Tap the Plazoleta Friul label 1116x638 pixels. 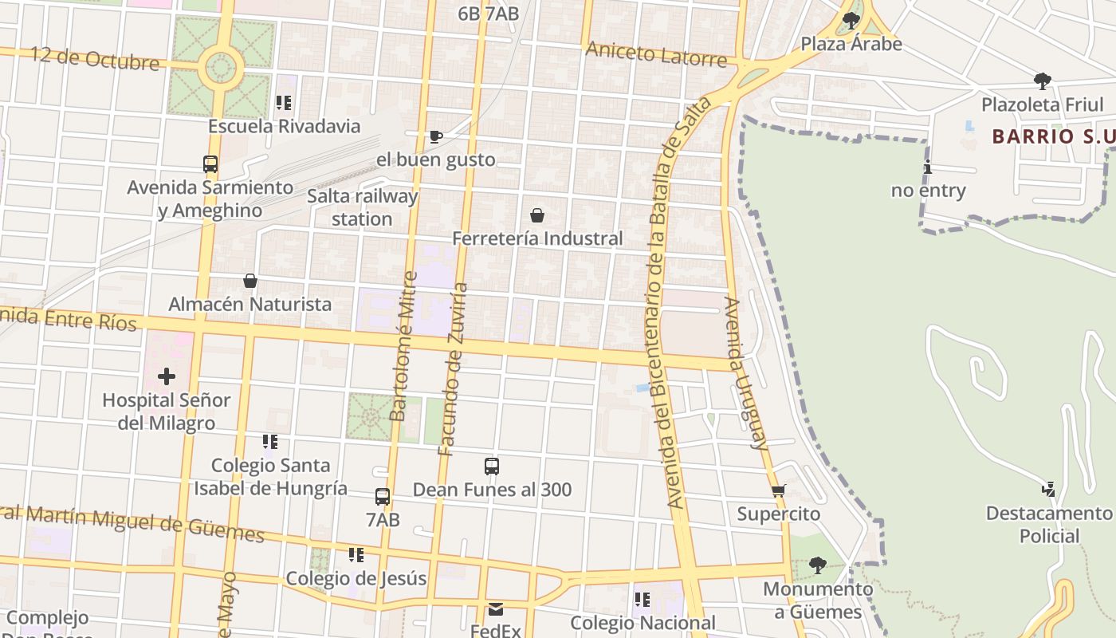(1042, 104)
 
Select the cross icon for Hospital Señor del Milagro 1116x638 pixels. (167, 376)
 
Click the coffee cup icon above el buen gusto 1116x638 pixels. (435, 136)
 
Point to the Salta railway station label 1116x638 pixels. (363, 207)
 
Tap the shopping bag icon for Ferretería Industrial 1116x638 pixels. (537, 215)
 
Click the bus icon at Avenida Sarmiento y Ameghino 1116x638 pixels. (210, 164)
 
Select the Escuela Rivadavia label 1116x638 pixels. (284, 126)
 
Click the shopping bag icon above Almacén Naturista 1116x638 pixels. (250, 281)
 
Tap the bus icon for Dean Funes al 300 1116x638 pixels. (492, 467)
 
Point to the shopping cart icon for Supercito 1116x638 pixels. (779, 490)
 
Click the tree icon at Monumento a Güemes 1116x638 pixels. (817, 565)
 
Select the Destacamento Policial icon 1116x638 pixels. (1049, 489)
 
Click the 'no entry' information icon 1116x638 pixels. (927, 167)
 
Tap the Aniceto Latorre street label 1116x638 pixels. (656, 54)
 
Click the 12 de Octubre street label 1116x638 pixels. (95, 58)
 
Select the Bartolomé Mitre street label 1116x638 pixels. (402, 346)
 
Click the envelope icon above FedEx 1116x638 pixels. (496, 609)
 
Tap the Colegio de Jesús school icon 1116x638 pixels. (356, 554)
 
